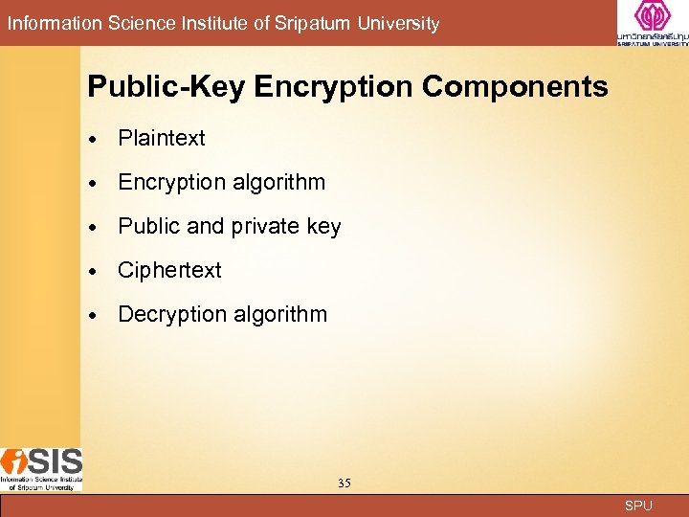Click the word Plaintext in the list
point(161,138)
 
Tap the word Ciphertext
point(169,270)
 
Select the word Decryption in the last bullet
point(169,314)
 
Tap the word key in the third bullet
point(323,227)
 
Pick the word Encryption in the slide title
point(334,87)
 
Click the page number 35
point(344,483)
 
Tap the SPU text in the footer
point(638,506)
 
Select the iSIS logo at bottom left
point(41,467)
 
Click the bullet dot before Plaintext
point(97,139)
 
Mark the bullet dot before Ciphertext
point(97,271)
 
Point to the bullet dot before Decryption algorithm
point(97,315)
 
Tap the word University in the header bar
point(399,24)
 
